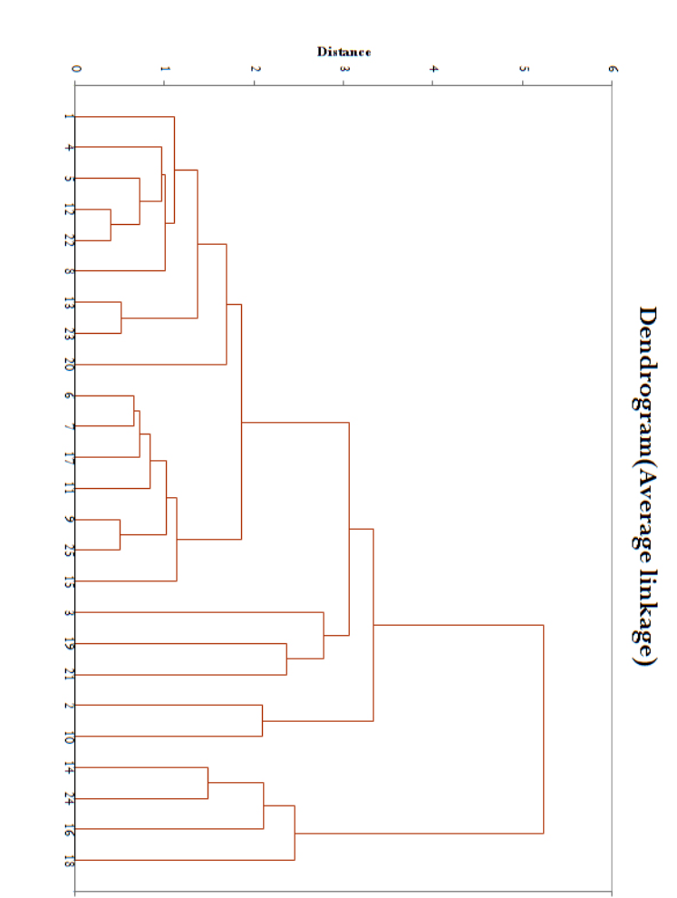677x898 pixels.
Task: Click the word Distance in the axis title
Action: pyautogui.click(x=343, y=52)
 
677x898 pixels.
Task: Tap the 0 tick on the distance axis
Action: pyautogui.click(x=75, y=69)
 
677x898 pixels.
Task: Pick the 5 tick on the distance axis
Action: pyautogui.click(x=523, y=69)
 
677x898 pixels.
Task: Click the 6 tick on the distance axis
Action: pyautogui.click(x=613, y=69)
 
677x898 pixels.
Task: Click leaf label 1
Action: pyautogui.click(x=70, y=117)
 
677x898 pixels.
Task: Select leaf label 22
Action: pyautogui.click(x=70, y=240)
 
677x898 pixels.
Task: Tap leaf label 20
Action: pyautogui.click(x=70, y=365)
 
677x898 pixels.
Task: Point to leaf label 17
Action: pyautogui.click(x=70, y=457)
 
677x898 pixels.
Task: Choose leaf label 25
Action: pyautogui.click(x=70, y=550)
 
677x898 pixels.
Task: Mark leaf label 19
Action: pyautogui.click(x=70, y=644)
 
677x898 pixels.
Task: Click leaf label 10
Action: pyautogui.click(x=70, y=737)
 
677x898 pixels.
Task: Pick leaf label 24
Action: pyautogui.click(x=70, y=799)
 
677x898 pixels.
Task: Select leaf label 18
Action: pyautogui.click(x=70, y=860)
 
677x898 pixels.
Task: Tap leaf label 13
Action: pyautogui.click(x=70, y=302)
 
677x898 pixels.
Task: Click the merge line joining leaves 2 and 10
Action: pyautogui.click(x=263, y=720)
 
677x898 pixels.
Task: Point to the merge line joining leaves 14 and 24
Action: pyautogui.click(x=208, y=783)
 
